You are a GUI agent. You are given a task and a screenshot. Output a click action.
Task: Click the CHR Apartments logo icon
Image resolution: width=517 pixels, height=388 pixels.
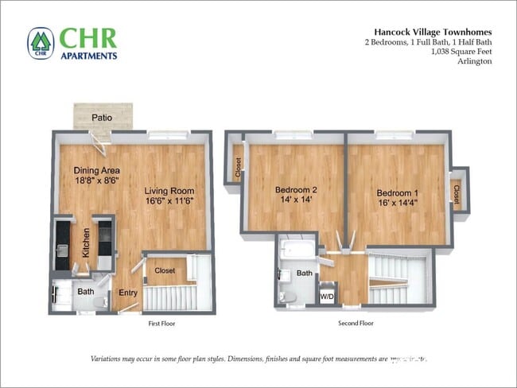41,44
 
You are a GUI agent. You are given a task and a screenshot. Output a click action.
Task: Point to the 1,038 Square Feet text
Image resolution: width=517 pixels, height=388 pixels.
461,51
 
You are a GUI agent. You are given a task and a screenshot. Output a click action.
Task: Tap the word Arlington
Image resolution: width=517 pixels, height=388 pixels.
476,61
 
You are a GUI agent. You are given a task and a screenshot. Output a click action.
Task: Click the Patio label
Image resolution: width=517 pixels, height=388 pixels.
101,118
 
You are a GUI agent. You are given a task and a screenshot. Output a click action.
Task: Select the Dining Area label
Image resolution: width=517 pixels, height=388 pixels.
97,170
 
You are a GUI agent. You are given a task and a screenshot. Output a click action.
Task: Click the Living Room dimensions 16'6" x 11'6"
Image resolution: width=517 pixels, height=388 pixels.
169,201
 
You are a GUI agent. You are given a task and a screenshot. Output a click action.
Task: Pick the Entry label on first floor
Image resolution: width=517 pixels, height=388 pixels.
128,293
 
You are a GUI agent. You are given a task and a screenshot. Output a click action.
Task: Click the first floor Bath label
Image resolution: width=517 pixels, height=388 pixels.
86,292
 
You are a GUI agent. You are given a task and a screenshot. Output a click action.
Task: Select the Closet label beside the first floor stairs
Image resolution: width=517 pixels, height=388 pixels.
165,271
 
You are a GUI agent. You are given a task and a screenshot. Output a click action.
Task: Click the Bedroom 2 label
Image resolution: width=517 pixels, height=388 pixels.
296,190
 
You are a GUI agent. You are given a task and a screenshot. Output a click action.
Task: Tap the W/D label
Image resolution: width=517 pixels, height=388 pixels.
327,297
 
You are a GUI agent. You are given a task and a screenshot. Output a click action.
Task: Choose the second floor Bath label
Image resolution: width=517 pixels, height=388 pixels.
305,273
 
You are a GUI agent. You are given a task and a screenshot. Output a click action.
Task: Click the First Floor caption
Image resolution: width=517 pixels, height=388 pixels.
161,324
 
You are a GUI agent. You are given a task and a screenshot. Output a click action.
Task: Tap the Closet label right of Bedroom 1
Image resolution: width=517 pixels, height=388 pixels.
456,192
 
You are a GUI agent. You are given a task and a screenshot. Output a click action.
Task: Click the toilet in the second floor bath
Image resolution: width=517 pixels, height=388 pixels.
289,296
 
